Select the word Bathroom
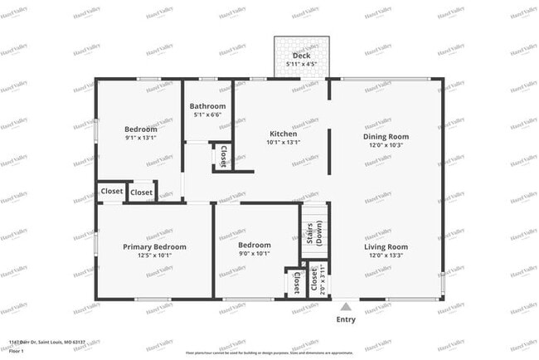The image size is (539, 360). [x=207, y=106]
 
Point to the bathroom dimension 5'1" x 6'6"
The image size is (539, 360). [x=207, y=115]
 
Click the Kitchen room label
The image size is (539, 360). [x=284, y=134]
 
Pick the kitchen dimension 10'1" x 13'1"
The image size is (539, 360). [x=284, y=142]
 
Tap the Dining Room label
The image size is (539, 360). [x=386, y=136]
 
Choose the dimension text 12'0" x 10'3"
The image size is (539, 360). [x=386, y=145]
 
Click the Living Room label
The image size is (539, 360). [x=386, y=246]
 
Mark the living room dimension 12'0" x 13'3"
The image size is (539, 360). [x=386, y=255]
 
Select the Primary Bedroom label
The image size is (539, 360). [x=154, y=246]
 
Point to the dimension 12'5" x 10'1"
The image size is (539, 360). [x=154, y=255]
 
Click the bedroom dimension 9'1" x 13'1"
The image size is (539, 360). [x=141, y=139]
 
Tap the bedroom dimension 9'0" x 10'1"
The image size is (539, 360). [x=255, y=254]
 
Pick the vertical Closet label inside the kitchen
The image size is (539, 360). [x=222, y=155]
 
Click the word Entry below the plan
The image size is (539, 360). [x=346, y=319]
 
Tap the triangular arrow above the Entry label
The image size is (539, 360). [x=346, y=306]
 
